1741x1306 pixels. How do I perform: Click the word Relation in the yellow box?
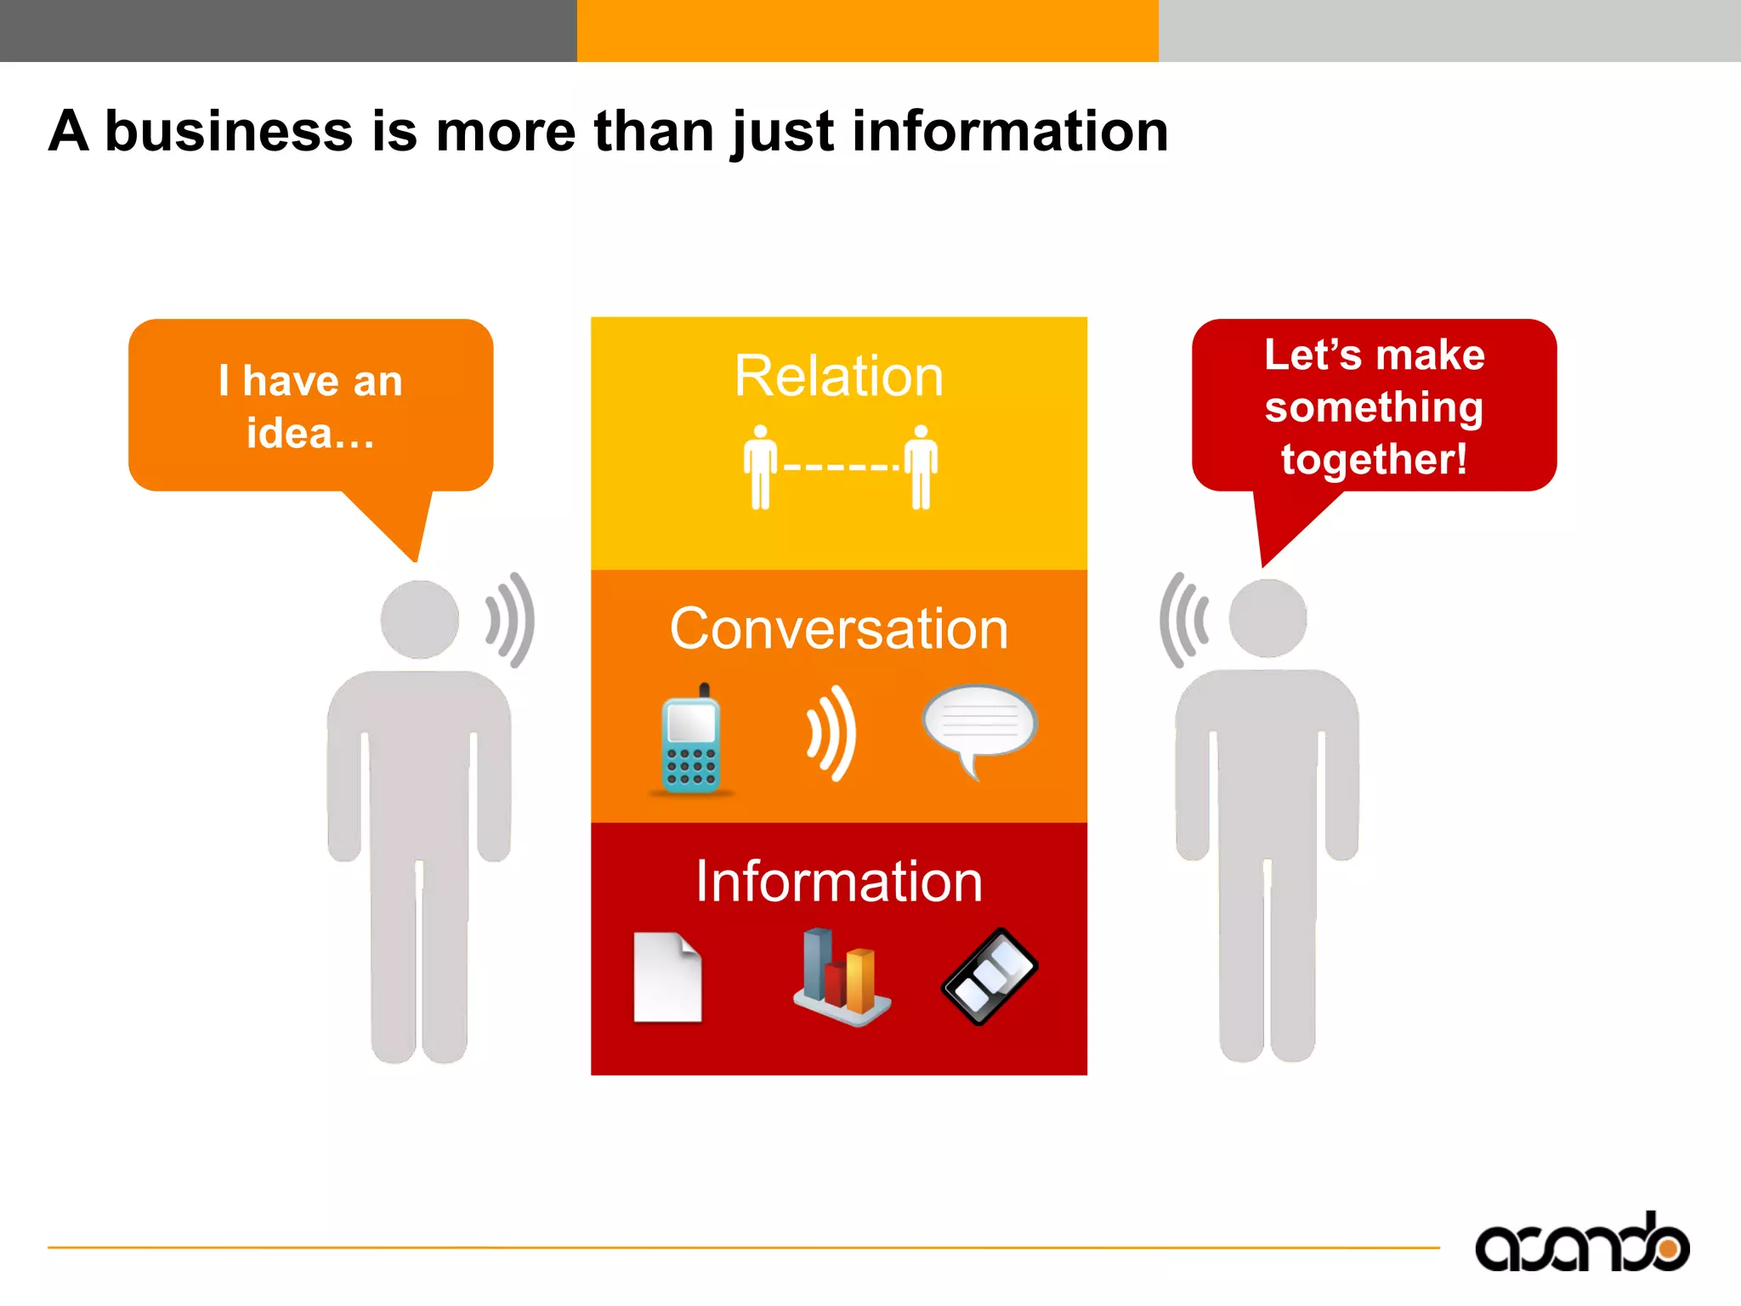point(838,377)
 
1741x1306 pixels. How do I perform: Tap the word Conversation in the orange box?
point(838,629)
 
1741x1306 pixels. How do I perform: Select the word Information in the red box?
point(838,882)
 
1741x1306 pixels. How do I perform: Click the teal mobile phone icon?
point(691,740)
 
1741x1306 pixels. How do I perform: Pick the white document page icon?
point(667,978)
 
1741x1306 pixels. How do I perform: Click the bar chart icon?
point(841,978)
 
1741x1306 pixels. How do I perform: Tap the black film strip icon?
point(990,976)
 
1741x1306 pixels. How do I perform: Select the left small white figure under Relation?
point(760,468)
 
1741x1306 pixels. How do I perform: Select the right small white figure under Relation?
point(921,468)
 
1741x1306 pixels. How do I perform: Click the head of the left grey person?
point(419,619)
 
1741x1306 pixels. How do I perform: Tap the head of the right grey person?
point(1267,618)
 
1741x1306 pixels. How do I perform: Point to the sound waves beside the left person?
point(511,619)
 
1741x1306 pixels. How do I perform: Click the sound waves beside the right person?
point(1182,619)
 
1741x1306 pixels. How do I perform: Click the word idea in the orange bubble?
point(289,434)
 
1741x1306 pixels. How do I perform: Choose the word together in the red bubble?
point(1372,460)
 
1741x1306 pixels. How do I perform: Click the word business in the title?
point(229,132)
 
